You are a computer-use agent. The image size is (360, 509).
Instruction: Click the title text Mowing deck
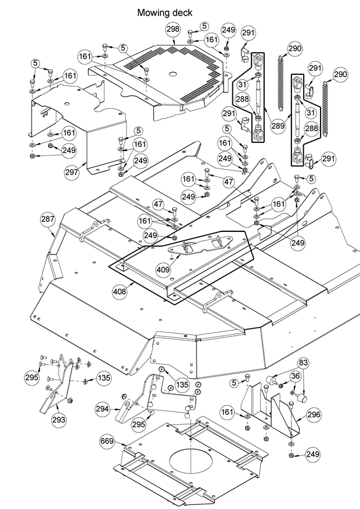tap(164, 12)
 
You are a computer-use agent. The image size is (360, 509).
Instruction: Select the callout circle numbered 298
tap(173, 29)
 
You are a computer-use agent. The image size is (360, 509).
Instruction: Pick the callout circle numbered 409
tap(163, 269)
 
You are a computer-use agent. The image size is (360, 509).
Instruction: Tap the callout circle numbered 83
tap(303, 364)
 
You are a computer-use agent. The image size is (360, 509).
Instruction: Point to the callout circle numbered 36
tap(296, 376)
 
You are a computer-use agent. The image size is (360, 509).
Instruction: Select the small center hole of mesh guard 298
tap(173, 74)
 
